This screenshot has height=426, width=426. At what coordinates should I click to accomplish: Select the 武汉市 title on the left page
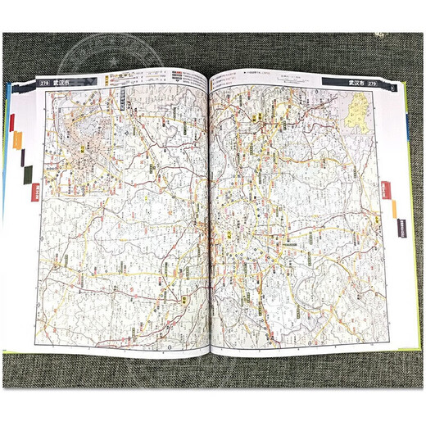tap(60, 81)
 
